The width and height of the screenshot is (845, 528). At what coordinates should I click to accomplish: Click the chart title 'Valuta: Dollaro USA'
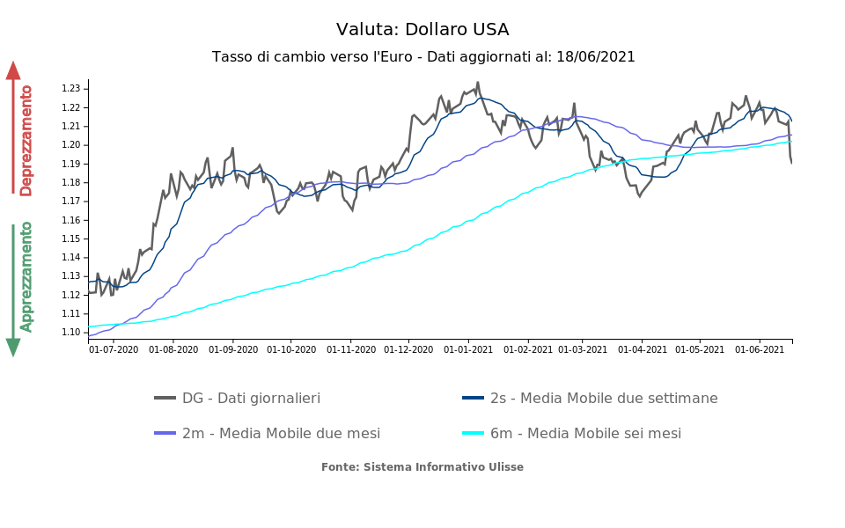tap(422, 30)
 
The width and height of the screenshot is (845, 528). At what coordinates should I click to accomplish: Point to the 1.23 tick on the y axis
tap(70, 89)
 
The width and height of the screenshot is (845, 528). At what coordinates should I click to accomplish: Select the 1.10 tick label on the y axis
tap(70, 332)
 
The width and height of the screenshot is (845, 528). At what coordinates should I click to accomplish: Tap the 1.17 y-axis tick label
tap(70, 202)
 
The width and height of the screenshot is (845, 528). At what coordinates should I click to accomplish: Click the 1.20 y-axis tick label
tap(70, 145)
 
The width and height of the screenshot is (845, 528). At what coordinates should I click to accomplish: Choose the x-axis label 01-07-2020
tap(114, 349)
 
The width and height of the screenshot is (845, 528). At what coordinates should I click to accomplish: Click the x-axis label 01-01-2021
tap(467, 349)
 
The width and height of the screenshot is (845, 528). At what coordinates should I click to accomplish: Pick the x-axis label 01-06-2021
tap(760, 349)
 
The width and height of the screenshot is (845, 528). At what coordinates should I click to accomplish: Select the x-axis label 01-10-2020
tap(290, 349)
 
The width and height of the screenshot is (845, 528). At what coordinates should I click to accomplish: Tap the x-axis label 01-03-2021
tap(583, 349)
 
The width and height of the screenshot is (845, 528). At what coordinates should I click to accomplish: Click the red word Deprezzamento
tap(26, 140)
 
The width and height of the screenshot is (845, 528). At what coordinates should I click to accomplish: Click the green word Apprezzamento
tap(26, 276)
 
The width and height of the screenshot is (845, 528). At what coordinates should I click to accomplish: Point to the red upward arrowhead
tap(13, 70)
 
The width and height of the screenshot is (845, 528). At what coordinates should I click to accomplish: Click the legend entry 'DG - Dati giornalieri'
tap(251, 399)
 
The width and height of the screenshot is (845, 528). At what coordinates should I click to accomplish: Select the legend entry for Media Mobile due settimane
tap(604, 399)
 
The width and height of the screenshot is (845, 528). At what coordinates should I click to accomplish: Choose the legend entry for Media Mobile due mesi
tap(281, 434)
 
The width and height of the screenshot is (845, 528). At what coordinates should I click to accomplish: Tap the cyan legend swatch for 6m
tap(474, 434)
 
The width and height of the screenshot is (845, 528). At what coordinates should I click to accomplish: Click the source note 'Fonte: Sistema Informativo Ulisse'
tap(422, 467)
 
